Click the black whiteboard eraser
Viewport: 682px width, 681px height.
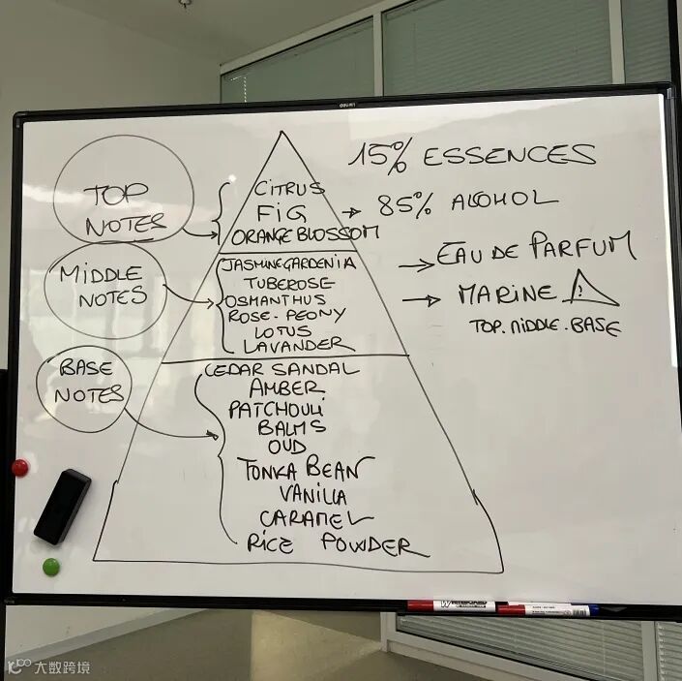62,505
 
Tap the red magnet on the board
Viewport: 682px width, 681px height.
19,468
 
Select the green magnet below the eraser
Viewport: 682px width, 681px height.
50,566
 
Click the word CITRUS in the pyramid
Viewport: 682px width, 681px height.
288,187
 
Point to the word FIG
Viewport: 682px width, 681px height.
274,211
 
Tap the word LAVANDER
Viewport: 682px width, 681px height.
293,345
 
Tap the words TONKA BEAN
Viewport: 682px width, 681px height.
305,470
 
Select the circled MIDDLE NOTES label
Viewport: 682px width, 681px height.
103,286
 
